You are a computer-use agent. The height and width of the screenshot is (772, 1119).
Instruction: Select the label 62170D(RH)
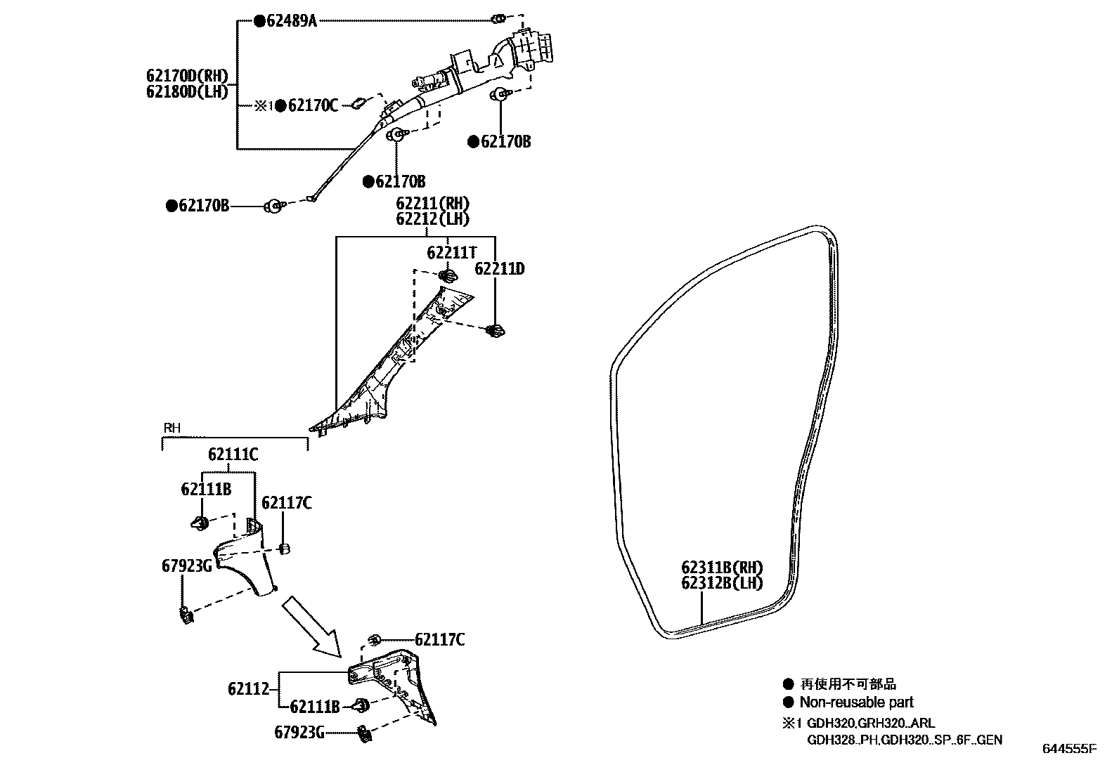(x=188, y=76)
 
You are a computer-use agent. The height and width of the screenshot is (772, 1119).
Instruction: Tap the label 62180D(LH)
(x=188, y=91)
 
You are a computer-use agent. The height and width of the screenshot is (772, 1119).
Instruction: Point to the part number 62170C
(x=313, y=106)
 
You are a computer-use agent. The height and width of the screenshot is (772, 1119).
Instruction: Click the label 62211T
(x=452, y=251)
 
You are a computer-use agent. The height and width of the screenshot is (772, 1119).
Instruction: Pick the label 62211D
(x=500, y=269)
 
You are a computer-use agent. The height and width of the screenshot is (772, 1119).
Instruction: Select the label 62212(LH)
(x=432, y=218)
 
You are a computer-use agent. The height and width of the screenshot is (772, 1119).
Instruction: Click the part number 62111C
(x=233, y=455)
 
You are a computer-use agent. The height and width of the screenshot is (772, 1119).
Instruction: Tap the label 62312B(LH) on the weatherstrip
(x=721, y=582)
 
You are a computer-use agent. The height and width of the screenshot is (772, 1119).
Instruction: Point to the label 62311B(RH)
(x=721, y=568)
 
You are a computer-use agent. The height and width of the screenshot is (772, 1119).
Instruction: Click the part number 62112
(x=248, y=689)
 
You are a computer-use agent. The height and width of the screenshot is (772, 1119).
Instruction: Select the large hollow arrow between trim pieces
(x=311, y=626)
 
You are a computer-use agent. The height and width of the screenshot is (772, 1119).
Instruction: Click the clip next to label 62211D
(x=496, y=330)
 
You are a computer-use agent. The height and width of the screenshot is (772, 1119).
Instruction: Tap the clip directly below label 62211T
(x=446, y=275)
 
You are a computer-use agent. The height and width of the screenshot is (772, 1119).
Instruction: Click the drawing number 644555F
(x=1069, y=749)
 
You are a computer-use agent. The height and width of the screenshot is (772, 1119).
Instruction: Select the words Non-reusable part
(x=856, y=702)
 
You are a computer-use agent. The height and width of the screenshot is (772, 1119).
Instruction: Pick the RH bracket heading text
(x=172, y=427)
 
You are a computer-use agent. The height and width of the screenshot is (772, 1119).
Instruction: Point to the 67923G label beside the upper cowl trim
(x=186, y=565)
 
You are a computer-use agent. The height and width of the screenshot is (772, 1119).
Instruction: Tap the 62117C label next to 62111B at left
(x=287, y=503)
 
